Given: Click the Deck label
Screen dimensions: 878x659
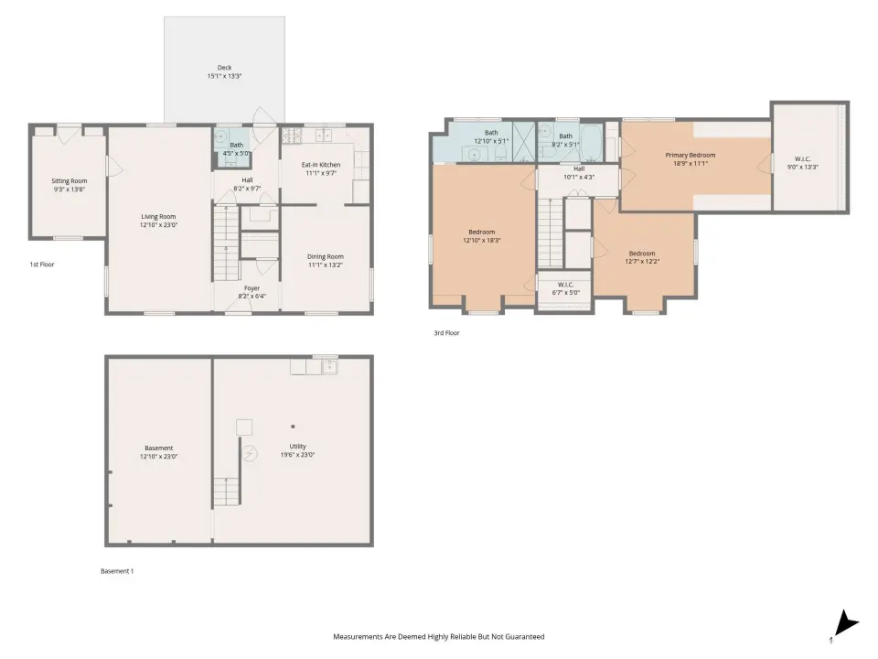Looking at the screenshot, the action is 225,68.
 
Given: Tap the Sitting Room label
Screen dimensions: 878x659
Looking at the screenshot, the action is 70,181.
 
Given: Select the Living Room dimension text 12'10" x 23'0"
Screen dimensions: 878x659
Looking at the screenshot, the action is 158,225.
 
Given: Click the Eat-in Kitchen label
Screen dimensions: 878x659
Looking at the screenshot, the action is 321,165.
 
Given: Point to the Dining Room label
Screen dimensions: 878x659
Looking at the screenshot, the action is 326,256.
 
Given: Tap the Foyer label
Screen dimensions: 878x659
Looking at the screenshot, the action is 252,288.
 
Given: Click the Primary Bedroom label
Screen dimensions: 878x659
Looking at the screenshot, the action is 691,156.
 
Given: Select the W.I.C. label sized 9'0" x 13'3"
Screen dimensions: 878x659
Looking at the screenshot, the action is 802,159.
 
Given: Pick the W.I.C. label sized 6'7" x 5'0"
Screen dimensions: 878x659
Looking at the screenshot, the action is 565,285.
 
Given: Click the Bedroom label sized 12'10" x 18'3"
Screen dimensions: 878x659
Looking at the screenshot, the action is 482,232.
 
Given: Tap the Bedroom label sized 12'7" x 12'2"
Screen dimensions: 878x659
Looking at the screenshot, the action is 642,254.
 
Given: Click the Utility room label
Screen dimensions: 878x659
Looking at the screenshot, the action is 297,447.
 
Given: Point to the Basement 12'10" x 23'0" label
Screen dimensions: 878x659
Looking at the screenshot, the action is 158,448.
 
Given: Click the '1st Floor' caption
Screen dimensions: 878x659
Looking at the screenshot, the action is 42,265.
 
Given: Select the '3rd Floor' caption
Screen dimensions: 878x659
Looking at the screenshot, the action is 446,333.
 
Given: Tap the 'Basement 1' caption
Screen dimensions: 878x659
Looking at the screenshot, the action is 117,571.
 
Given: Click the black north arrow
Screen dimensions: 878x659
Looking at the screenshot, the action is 846,622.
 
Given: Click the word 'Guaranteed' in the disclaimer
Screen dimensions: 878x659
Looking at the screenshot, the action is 524,637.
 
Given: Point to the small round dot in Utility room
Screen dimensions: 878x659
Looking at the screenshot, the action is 293,427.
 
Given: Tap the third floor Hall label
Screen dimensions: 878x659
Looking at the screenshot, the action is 579,168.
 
